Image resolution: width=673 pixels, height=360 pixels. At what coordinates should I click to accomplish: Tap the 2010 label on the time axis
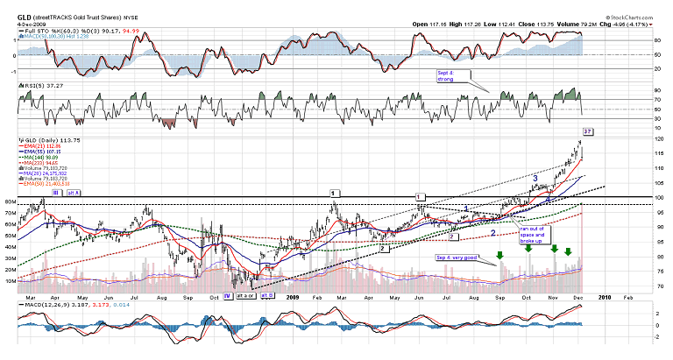coord(605,297)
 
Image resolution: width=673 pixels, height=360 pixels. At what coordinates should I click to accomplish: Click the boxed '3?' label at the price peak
coord(588,132)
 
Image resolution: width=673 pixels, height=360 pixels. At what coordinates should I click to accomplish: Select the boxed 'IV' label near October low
coord(227,296)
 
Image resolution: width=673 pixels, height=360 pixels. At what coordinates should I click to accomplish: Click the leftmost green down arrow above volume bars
coord(500,256)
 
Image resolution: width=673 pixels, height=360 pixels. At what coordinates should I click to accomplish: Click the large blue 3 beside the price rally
coord(535,178)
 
